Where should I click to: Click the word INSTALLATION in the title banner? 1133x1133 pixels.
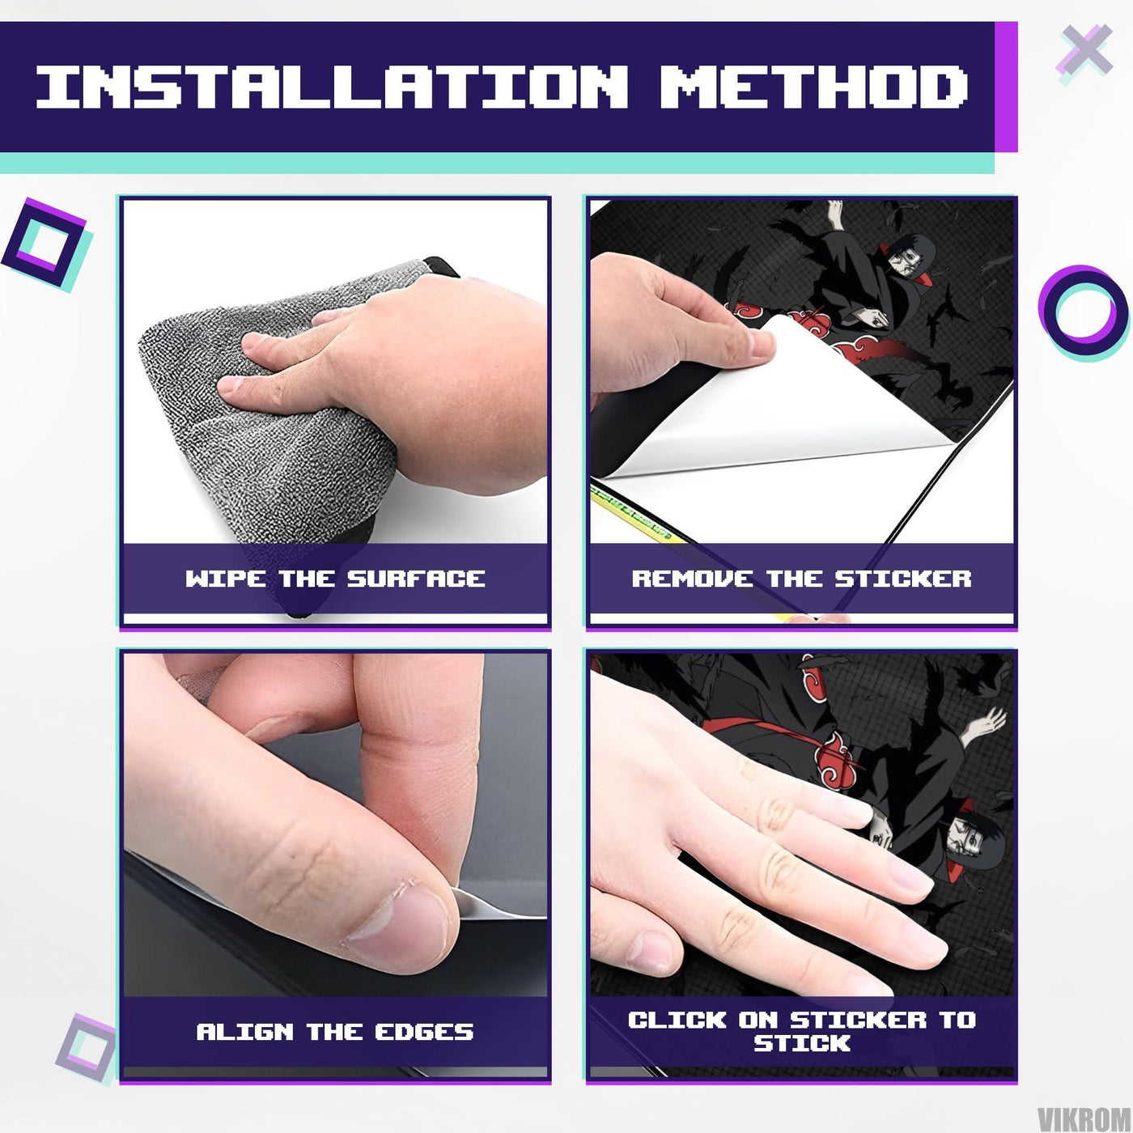tap(332, 87)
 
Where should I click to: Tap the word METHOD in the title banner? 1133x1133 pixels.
tap(814, 87)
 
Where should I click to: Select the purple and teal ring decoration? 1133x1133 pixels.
tap(1084, 312)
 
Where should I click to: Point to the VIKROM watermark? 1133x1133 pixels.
tap(1084, 1117)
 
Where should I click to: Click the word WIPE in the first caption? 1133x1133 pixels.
tap(226, 579)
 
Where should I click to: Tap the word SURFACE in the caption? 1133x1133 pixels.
tap(416, 579)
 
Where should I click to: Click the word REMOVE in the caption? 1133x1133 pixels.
tap(692, 579)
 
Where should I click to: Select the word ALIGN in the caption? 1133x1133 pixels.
tap(244, 1031)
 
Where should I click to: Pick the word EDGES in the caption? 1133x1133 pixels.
tap(424, 1031)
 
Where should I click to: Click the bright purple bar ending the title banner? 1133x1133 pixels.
tap(1006, 87)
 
